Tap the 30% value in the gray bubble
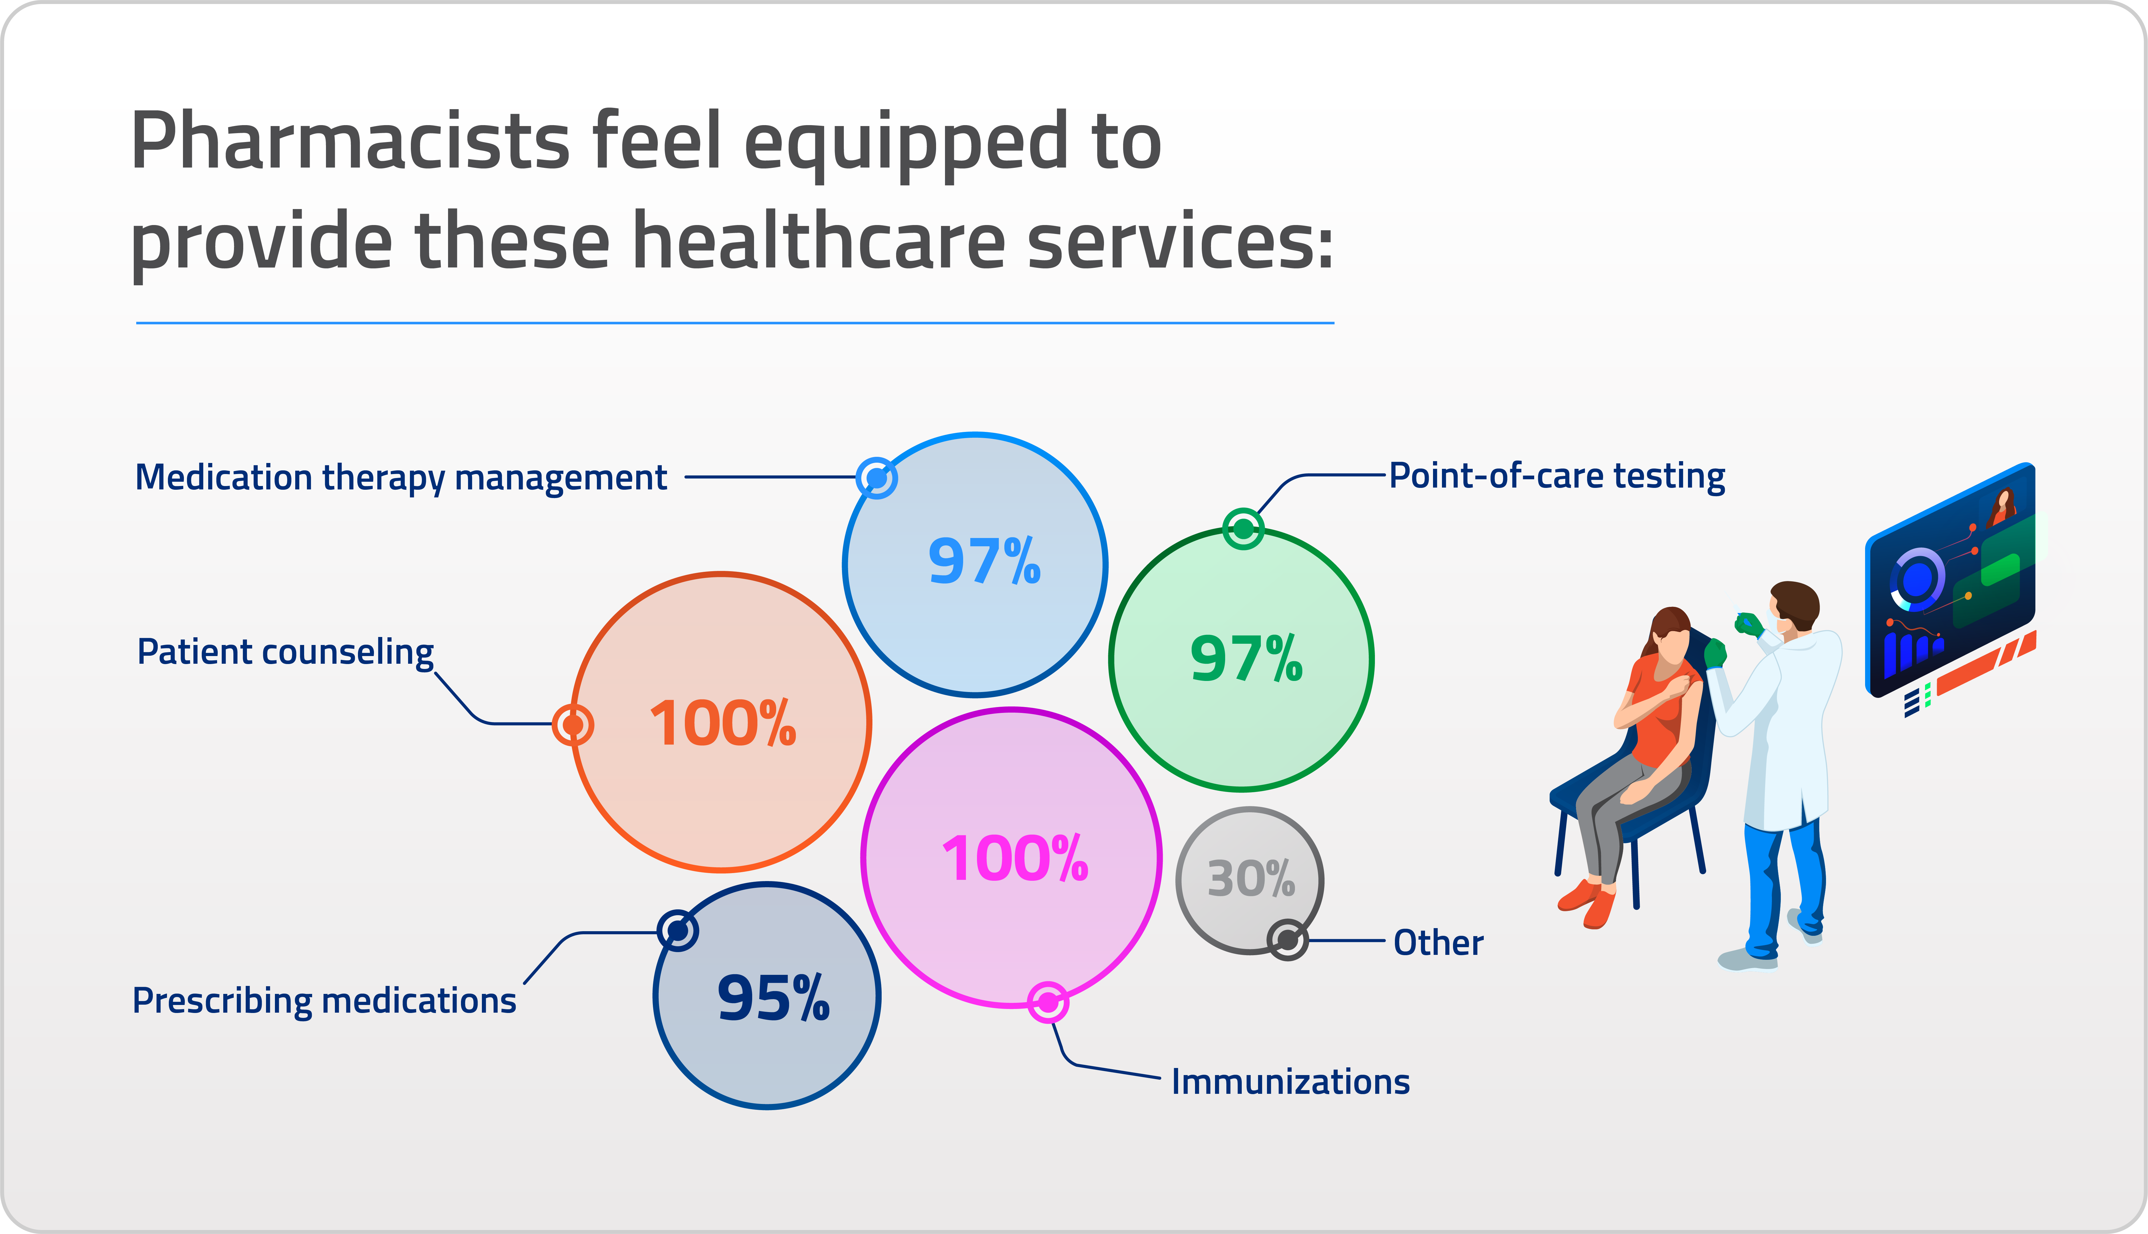1250,879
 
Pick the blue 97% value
983,561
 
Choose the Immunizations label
1290,1082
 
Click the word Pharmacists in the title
349,141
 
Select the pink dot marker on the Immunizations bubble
1048,1003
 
